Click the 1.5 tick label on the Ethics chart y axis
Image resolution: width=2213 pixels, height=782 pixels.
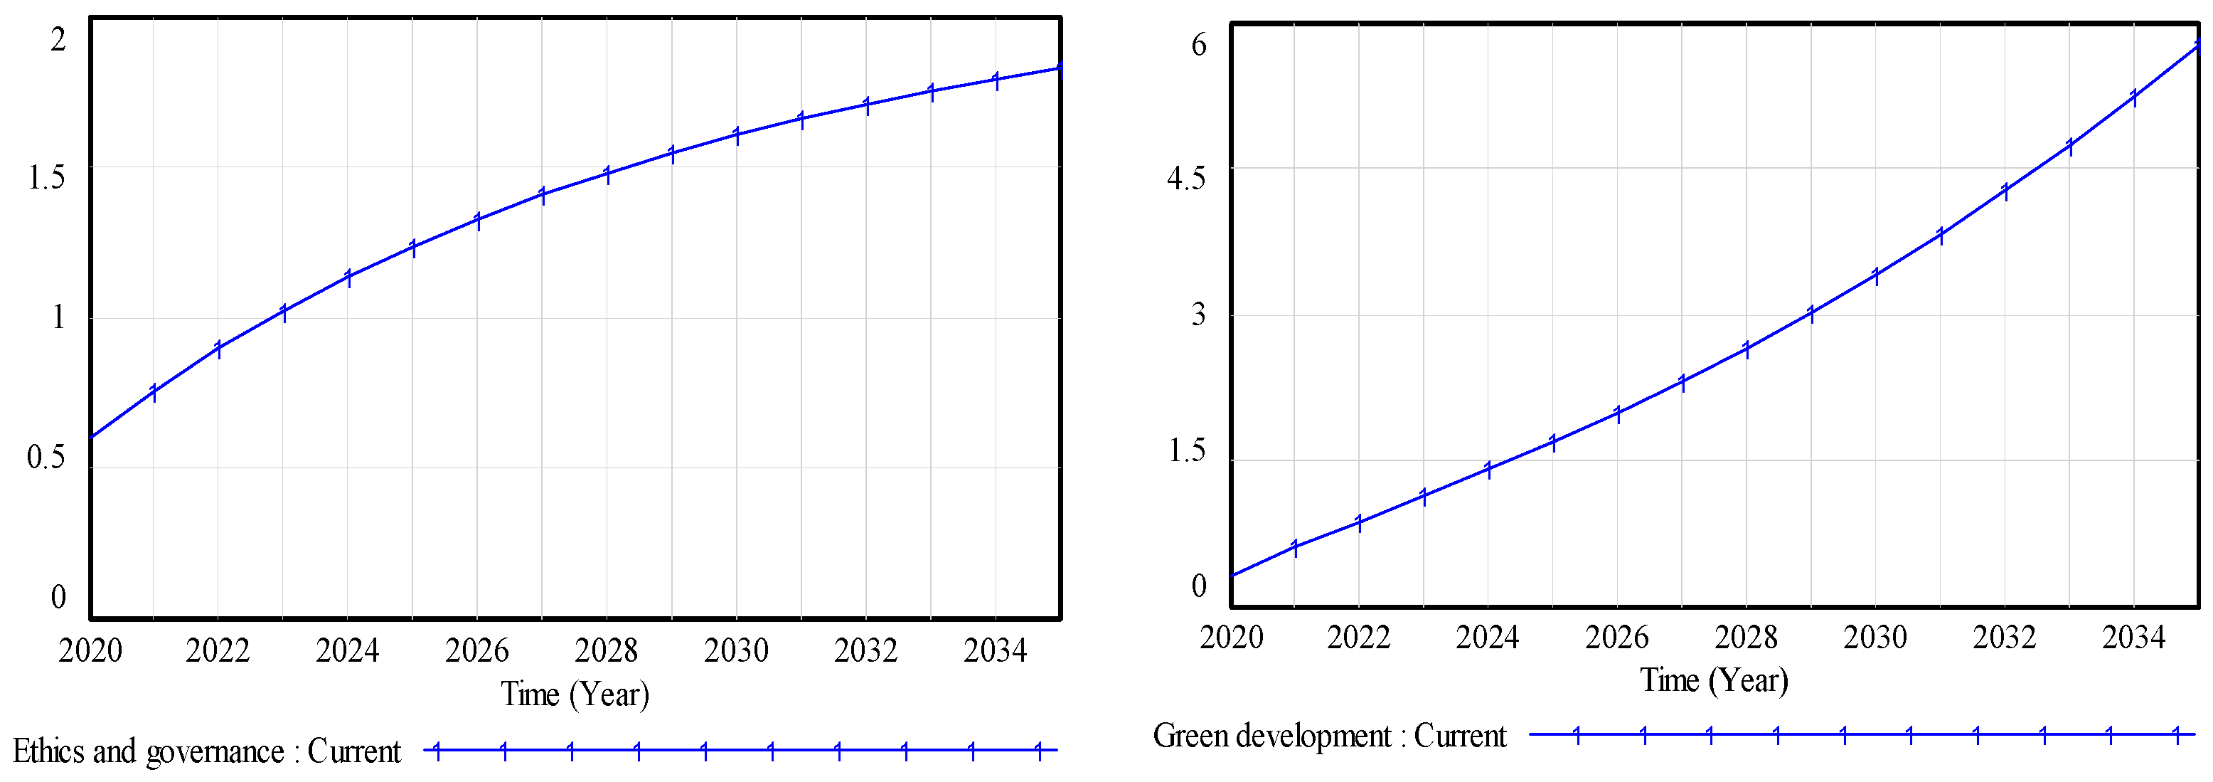(x=46, y=178)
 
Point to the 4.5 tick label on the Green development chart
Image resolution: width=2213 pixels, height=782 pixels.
(x=1185, y=179)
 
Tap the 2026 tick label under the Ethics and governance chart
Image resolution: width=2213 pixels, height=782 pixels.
(x=476, y=650)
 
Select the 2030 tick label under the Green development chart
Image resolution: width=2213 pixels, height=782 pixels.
(x=1875, y=638)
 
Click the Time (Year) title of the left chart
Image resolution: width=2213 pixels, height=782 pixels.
(x=575, y=694)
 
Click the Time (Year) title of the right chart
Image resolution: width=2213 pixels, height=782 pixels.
(x=1714, y=680)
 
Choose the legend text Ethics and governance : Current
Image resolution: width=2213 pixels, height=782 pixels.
(x=206, y=752)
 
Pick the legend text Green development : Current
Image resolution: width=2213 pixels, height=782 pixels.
(x=1329, y=736)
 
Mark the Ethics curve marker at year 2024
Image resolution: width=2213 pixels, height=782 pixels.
(x=348, y=277)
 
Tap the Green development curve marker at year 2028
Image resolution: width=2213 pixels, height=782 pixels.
(x=1747, y=348)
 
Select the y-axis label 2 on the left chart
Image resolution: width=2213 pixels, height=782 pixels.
(x=58, y=40)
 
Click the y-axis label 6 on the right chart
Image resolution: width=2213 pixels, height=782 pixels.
(x=1198, y=45)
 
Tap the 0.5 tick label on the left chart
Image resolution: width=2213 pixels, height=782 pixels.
(x=46, y=457)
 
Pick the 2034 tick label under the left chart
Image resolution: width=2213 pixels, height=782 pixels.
(x=995, y=650)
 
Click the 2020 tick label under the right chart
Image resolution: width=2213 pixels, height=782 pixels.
(x=1231, y=638)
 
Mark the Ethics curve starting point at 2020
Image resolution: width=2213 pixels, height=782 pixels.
(x=91, y=438)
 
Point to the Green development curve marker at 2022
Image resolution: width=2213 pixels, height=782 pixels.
(x=1359, y=522)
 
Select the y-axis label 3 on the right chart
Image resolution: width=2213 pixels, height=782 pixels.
(x=1198, y=315)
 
